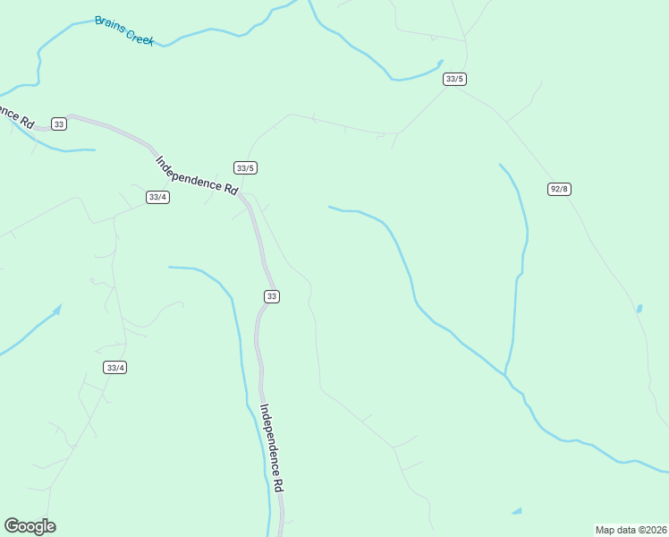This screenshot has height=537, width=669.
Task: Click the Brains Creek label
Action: coord(124,30)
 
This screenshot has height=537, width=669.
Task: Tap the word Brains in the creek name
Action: coord(110,25)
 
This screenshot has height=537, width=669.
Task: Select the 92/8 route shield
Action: coord(560,189)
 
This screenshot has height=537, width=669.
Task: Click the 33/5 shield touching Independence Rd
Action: coord(246,167)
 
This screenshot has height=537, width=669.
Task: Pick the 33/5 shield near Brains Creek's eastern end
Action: coord(454,79)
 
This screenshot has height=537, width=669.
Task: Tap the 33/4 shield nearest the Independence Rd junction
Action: coord(157,197)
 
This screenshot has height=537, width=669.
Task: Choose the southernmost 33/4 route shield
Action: coord(115,367)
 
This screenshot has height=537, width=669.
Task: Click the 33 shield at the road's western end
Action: coord(59,124)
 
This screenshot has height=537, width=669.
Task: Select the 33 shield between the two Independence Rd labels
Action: coord(272,296)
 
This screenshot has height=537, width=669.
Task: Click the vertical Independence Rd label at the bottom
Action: coord(272,447)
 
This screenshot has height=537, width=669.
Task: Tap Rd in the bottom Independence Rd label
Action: coord(278,483)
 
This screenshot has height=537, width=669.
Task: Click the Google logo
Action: coord(30,526)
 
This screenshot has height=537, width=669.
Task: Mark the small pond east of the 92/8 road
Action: coord(639,309)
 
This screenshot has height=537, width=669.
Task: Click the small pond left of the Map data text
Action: coord(517,511)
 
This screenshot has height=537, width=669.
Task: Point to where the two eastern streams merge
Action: coord(506,374)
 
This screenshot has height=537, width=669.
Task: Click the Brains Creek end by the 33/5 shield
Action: coord(440,63)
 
